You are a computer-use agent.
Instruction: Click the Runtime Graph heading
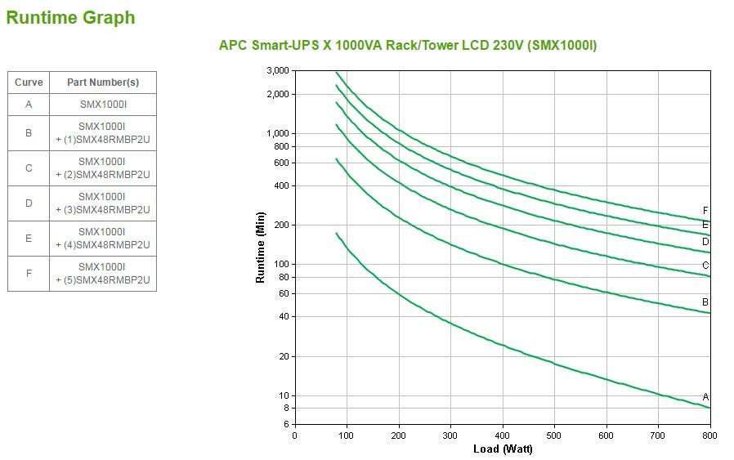point(70,17)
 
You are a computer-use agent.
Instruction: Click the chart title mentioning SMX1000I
point(407,45)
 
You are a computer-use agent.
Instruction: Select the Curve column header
point(29,83)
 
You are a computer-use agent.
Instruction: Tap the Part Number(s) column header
point(102,83)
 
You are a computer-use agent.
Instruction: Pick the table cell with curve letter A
point(29,105)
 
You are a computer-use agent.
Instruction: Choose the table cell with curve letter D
point(29,203)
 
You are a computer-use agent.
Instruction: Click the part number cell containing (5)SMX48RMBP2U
point(102,274)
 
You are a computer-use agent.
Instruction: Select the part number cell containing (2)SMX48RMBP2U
point(102,168)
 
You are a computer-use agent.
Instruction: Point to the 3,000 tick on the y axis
point(278,71)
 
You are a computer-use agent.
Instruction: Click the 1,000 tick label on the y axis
point(278,133)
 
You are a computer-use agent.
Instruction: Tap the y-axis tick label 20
point(283,356)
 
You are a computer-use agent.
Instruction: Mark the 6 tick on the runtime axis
point(285,424)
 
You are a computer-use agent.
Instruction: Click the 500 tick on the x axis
point(554,435)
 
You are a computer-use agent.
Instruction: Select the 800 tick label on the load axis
point(709,435)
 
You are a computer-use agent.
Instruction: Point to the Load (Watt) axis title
point(503,449)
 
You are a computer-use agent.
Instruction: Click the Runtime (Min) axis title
point(261,247)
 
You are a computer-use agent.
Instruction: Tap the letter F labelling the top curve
point(705,211)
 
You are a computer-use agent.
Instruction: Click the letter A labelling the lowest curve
point(705,397)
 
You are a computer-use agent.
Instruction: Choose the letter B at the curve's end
point(705,302)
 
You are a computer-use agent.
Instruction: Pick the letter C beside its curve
point(705,266)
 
